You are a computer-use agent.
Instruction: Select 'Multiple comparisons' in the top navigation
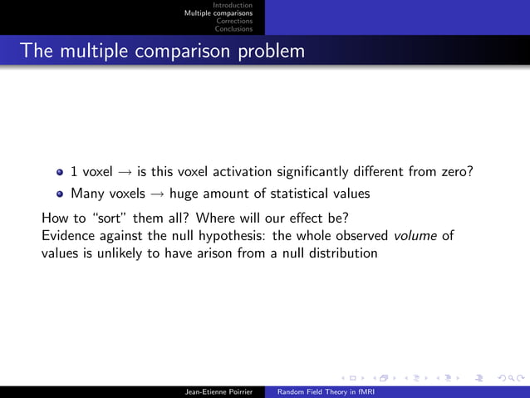[218, 13]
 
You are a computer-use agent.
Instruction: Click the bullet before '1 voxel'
[60, 173]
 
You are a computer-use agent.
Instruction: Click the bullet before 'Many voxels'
[60, 194]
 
